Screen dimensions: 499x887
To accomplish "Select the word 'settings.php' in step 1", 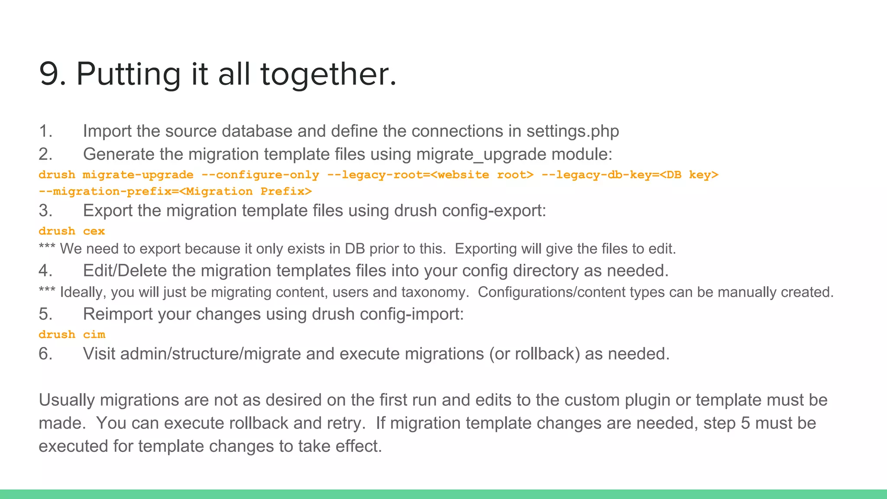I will pos(573,131).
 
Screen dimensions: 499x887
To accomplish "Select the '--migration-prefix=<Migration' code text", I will pos(146,191).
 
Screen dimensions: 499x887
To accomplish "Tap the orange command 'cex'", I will pos(94,231).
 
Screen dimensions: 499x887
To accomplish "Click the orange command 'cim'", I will pos(94,335).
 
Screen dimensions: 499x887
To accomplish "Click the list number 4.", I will pos(45,271).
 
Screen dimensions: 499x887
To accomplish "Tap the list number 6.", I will pos(45,354).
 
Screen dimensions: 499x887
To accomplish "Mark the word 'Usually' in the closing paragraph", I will pos(67,400).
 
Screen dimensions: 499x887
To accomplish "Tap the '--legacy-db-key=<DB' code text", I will pos(611,175).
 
